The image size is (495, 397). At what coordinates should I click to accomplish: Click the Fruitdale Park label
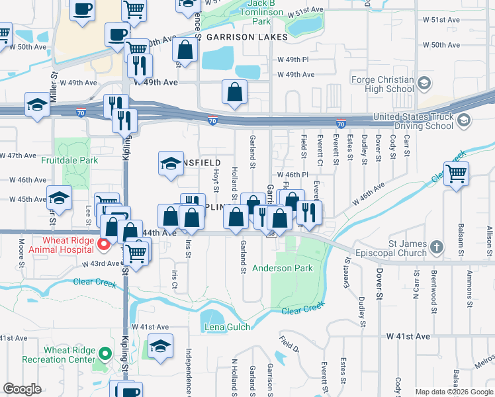(x=69, y=160)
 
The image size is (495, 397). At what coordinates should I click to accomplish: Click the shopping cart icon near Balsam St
(x=457, y=174)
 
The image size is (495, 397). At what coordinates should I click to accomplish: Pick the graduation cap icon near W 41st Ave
(x=160, y=346)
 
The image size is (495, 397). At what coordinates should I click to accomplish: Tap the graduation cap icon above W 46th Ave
(x=171, y=163)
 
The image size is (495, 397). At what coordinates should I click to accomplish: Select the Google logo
(x=22, y=389)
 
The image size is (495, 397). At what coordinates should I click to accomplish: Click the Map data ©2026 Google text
(x=453, y=392)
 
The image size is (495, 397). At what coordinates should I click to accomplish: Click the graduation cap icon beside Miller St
(x=37, y=105)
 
